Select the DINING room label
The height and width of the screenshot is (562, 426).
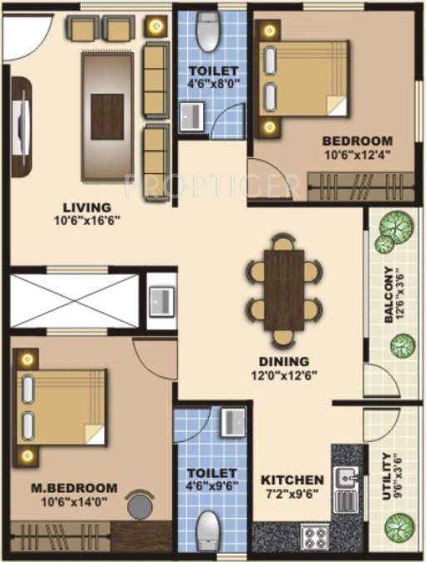285,361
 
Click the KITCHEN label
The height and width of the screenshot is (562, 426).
292,480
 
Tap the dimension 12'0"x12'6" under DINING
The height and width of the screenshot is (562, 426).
285,375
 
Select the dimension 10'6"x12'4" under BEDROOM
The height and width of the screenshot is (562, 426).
356,154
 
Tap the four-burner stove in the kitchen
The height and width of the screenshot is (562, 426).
315,535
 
